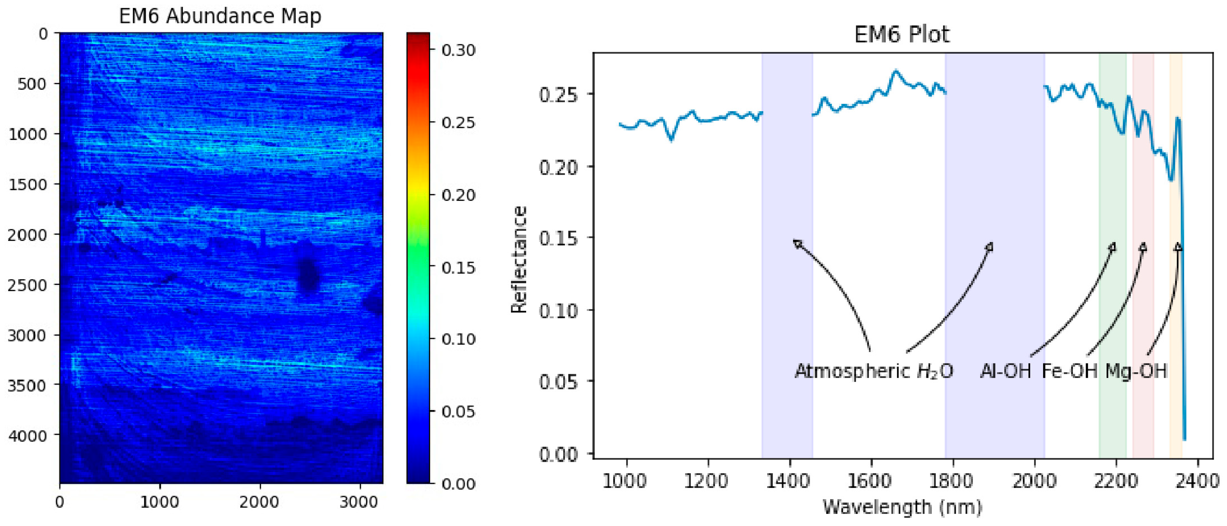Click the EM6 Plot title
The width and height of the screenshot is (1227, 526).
pyautogui.click(x=902, y=35)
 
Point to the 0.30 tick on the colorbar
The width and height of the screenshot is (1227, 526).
pyautogui.click(x=458, y=50)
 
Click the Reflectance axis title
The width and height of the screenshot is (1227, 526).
pyautogui.click(x=519, y=260)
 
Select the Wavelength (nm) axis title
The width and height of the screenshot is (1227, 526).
pyautogui.click(x=902, y=507)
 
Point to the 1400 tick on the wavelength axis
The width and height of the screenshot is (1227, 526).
pyautogui.click(x=789, y=480)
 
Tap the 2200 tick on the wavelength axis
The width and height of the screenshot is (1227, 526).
pyautogui.click(x=1115, y=480)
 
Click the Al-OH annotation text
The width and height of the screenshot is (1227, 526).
pyautogui.click(x=1005, y=371)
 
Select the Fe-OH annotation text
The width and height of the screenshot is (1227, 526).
pyautogui.click(x=1069, y=371)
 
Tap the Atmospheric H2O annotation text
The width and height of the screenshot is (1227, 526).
pyautogui.click(x=874, y=371)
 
